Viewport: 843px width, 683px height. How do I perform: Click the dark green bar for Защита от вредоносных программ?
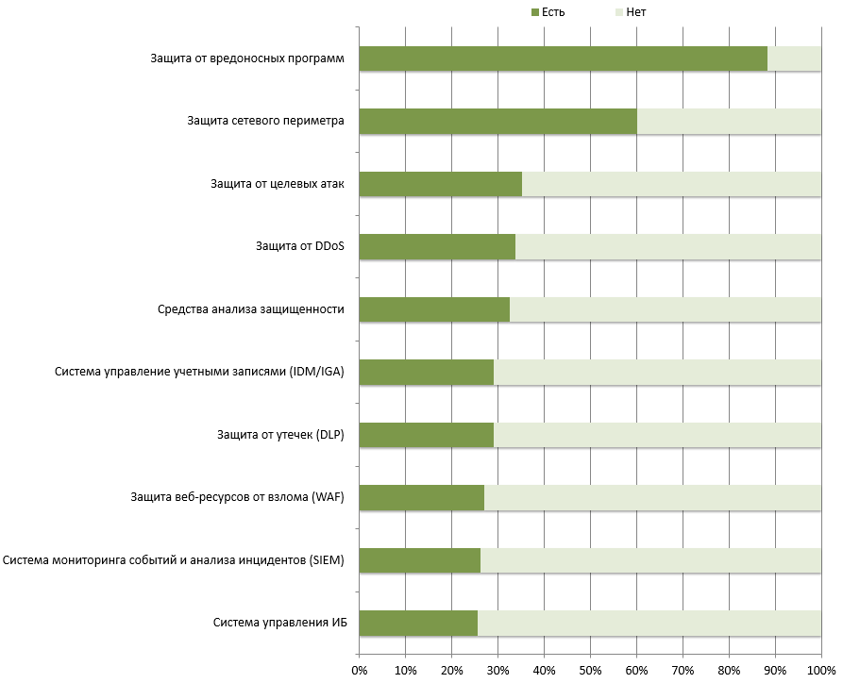pos(563,58)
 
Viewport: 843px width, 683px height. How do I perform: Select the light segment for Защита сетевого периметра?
pos(729,122)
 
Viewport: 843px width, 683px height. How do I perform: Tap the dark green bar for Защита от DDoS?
pos(437,247)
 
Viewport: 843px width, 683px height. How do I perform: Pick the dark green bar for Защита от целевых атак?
pos(440,184)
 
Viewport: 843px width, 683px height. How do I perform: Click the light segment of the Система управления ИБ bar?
pos(649,623)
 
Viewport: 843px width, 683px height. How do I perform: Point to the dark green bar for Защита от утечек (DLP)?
pos(426,435)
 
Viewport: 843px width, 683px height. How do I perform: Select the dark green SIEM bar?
pos(419,560)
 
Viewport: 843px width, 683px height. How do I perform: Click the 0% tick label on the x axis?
pos(359,671)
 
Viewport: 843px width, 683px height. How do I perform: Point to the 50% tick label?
pos(590,671)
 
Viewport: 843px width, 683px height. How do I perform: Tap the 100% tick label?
pos(819,671)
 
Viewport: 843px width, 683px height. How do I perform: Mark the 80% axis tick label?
pos(729,671)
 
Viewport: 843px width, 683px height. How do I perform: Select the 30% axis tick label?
pos(497,671)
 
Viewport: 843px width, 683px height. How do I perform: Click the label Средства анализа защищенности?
pos(248,309)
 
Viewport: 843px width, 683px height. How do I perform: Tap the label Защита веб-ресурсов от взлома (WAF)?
pos(236,497)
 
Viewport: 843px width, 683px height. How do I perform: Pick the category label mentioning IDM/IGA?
pos(199,372)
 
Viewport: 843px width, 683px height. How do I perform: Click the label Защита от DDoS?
pos(299,247)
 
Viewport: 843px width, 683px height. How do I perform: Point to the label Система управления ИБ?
pos(278,623)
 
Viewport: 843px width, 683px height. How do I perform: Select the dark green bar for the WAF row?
pos(421,497)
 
